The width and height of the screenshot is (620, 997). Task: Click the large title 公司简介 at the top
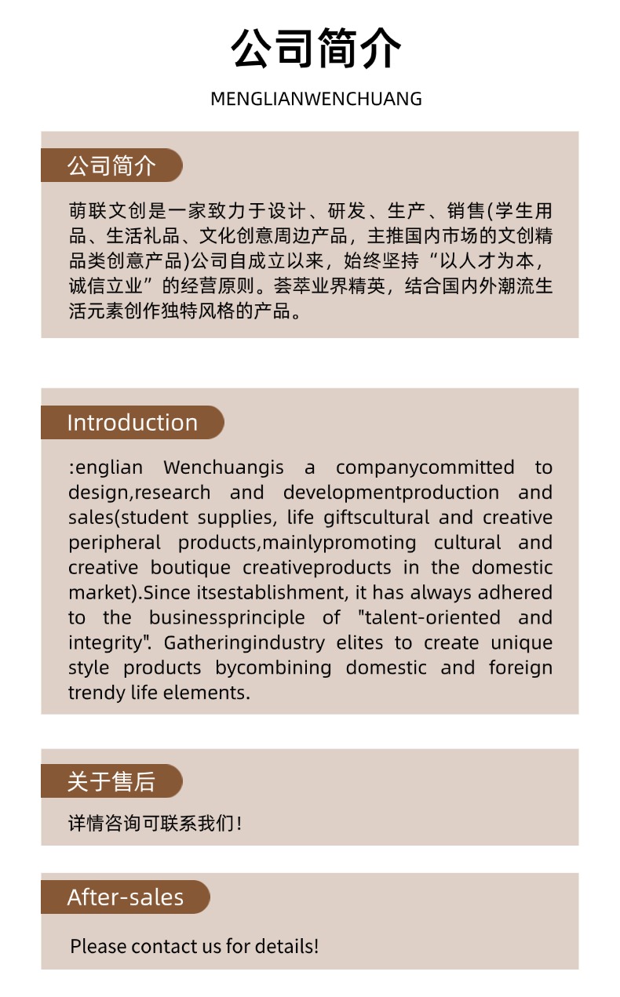(315, 49)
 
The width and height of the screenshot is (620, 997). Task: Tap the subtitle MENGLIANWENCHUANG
(315, 99)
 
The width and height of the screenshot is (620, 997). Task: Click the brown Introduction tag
(132, 422)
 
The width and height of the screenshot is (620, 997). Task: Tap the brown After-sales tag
(126, 897)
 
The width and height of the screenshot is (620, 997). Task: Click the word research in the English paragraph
(172, 493)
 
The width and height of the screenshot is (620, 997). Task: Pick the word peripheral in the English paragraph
(115, 543)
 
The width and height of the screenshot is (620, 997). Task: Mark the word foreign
(520, 668)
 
